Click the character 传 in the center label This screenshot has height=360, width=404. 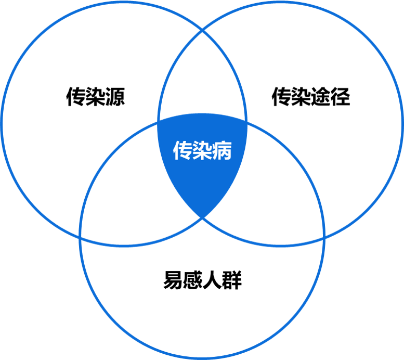click(183, 151)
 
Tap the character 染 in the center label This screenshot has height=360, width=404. click(202, 151)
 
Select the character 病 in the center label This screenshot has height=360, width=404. click(222, 151)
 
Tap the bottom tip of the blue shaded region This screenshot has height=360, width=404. click(202, 217)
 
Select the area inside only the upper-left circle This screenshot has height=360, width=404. click(68, 104)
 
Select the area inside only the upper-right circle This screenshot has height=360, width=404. click(338, 104)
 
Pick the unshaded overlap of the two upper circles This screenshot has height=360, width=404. click(202, 78)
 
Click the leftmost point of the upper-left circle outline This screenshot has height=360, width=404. click(3, 123)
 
